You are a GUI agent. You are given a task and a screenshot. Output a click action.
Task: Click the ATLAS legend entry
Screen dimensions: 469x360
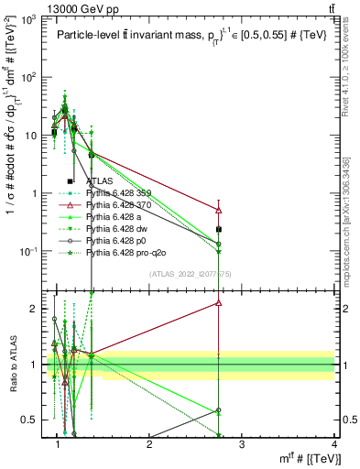tap(100, 181)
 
